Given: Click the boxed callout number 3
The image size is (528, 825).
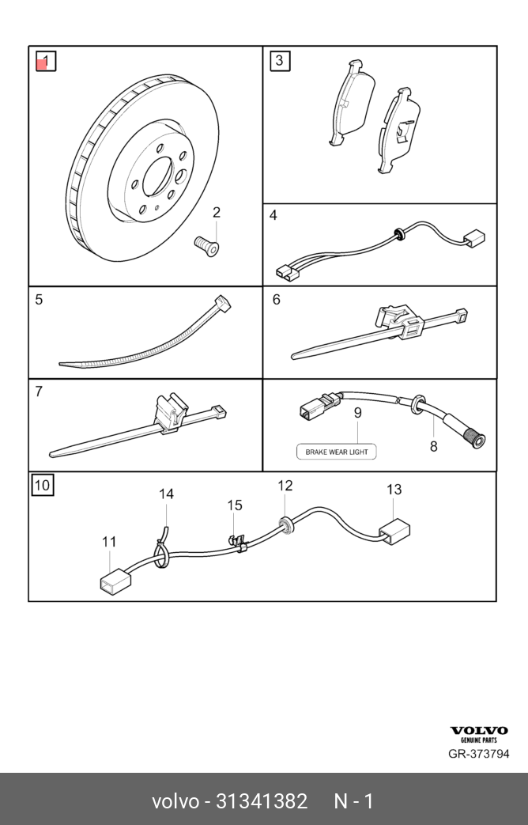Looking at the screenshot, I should pyautogui.click(x=280, y=61).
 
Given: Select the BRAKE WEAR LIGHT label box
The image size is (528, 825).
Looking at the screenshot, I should pyautogui.click(x=337, y=452).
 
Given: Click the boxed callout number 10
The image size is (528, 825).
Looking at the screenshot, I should pyautogui.click(x=43, y=485).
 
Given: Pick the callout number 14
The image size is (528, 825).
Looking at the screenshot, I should pyautogui.click(x=166, y=494).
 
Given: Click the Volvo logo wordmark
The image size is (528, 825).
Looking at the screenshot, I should pyautogui.click(x=479, y=730).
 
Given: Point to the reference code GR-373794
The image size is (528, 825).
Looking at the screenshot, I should pyautogui.click(x=478, y=754).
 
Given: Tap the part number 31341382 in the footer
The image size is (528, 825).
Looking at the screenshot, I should pyautogui.click(x=262, y=801).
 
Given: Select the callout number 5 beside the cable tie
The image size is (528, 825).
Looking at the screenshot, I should pyautogui.click(x=39, y=300).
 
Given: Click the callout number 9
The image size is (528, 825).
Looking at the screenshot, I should pyautogui.click(x=357, y=412).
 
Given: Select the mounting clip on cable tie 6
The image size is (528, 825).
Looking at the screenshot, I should pyautogui.click(x=399, y=323).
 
